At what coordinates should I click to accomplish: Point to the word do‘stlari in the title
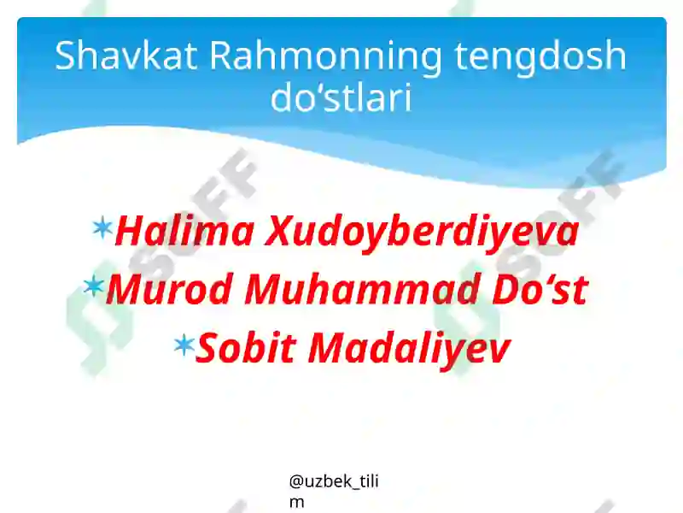point(341,98)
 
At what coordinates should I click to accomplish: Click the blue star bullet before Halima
point(102,227)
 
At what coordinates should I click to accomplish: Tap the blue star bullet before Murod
point(94,286)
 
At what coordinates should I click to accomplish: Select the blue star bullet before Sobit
point(184,344)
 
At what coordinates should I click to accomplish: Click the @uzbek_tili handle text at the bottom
point(334,482)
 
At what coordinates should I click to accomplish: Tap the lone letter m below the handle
point(296,502)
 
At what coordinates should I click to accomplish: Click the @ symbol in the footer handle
point(295,482)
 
